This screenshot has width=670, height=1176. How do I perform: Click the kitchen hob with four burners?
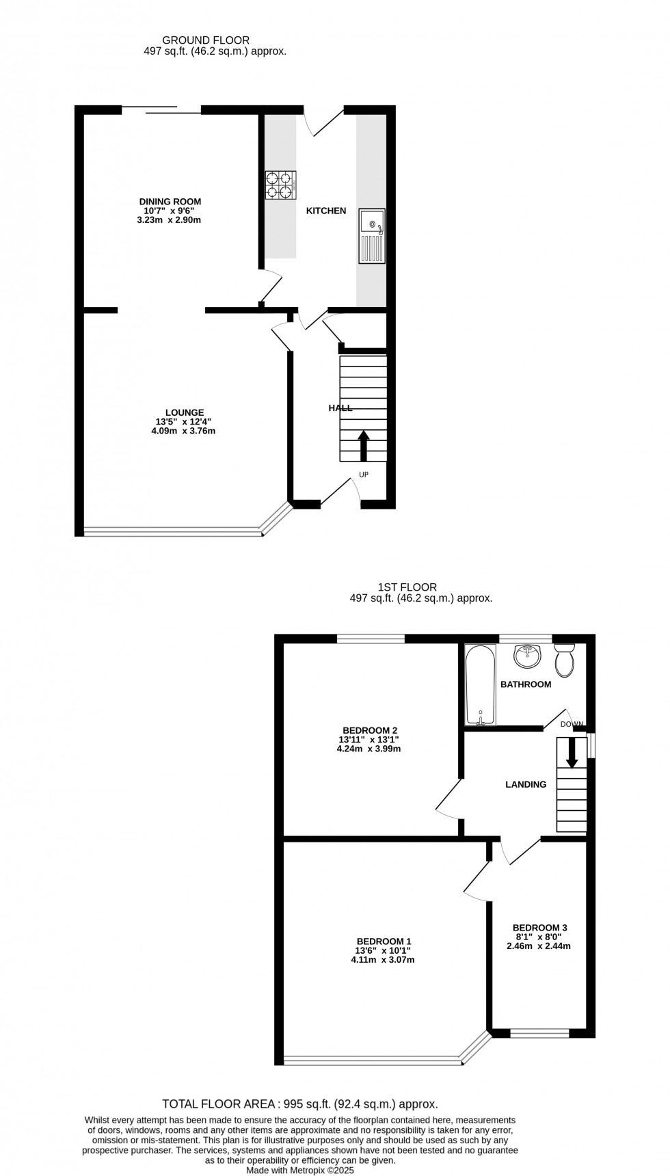point(281,185)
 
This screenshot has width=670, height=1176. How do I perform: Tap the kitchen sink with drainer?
point(372,236)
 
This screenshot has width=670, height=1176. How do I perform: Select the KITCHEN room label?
point(326,211)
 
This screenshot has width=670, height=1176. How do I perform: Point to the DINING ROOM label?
point(170,202)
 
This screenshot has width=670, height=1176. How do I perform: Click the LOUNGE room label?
point(184,412)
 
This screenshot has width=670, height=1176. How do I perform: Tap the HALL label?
point(340,408)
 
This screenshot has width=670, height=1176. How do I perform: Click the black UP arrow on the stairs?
point(363,445)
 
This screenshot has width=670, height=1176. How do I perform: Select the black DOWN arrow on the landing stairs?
point(572,753)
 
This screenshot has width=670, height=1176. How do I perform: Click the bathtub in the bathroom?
point(481,684)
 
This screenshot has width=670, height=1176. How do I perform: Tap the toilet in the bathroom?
point(565,659)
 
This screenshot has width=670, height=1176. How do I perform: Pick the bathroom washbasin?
point(527,656)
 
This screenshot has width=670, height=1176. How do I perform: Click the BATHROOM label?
point(526,684)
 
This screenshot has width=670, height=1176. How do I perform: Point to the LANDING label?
point(526,785)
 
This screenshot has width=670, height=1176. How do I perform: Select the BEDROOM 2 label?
point(368,730)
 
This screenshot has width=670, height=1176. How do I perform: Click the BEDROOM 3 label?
point(540,928)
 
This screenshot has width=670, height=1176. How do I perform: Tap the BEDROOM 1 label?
point(383,941)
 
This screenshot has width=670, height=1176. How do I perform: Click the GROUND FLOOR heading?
point(196,40)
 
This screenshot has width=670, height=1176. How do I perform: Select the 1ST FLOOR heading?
point(407,587)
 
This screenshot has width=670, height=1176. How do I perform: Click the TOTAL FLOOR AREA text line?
point(300,1104)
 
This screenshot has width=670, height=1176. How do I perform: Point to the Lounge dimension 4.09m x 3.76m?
point(183,431)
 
